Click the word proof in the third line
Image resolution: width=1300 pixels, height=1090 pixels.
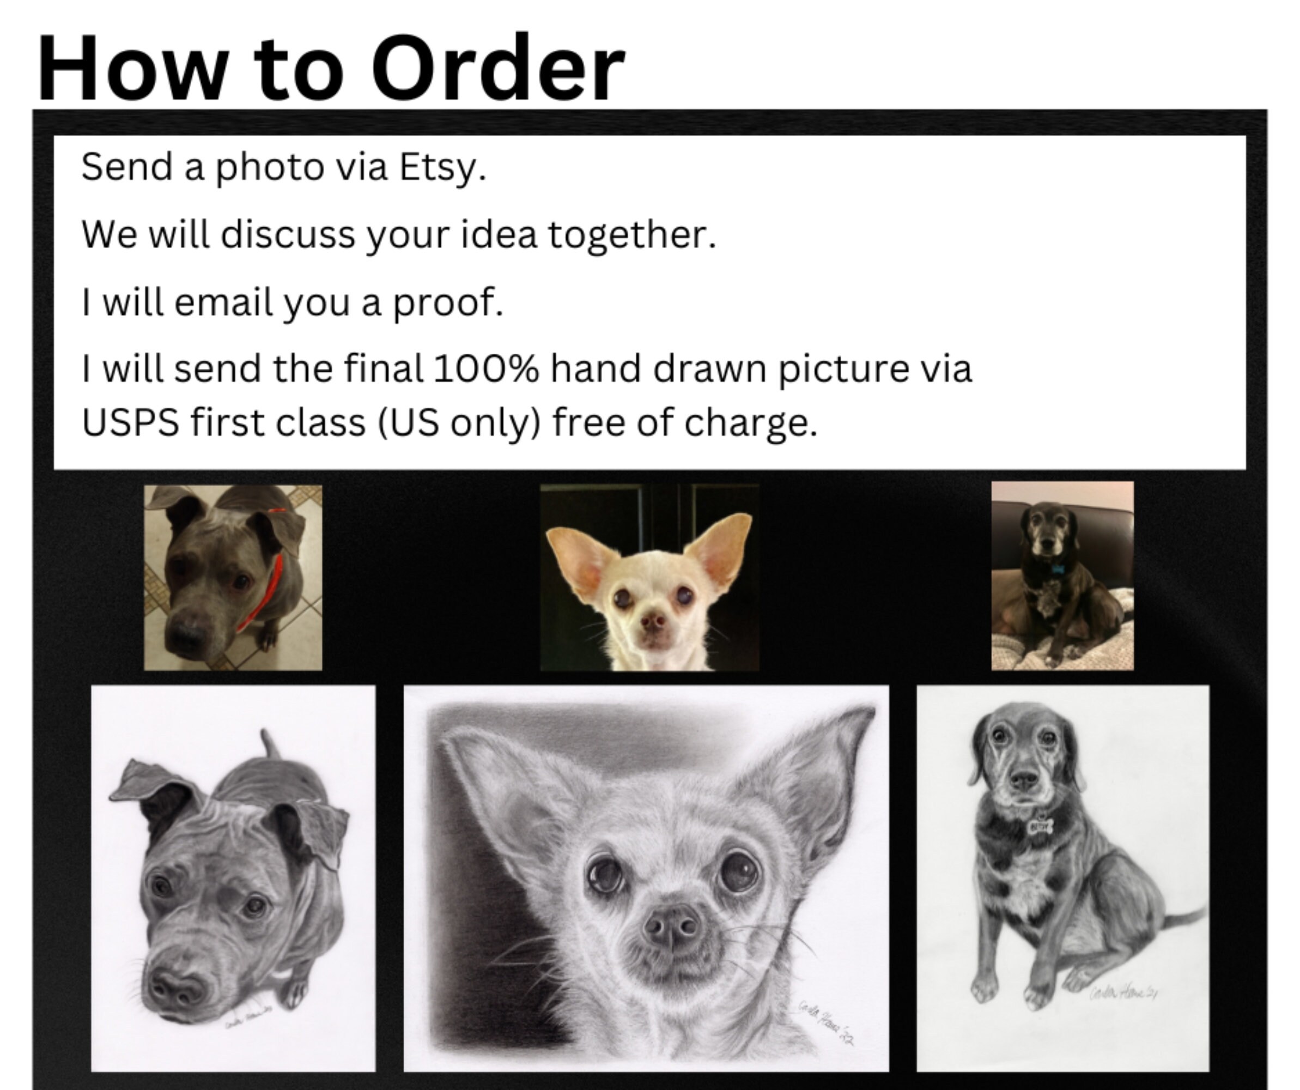coord(447,303)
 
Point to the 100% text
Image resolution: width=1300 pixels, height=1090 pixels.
coord(485,369)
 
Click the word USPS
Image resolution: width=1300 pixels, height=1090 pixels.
coord(130,423)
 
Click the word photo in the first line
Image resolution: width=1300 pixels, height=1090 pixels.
coord(269,168)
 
